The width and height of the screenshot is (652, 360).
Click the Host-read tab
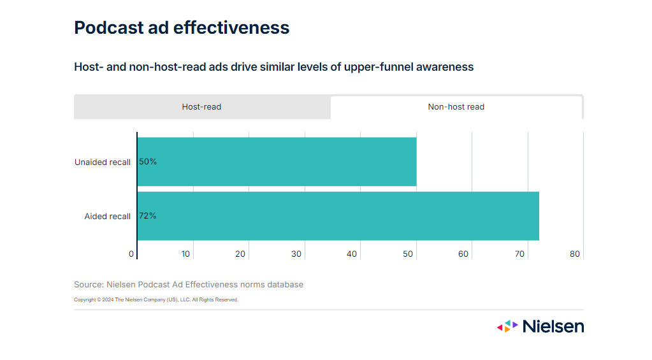pos(201,107)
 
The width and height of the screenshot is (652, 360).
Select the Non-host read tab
pos(456,107)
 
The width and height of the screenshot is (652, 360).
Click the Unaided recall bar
pos(277,162)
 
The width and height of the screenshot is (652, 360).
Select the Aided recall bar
pos(338,216)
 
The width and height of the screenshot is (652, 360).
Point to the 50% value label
pos(148,162)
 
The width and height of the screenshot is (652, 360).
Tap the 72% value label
pos(148,216)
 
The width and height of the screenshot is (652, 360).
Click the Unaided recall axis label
pos(103,162)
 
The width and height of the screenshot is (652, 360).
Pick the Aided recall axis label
pos(107,217)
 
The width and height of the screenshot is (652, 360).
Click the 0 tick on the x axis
pos(131,254)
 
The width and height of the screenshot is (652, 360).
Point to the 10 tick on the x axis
pos(185,254)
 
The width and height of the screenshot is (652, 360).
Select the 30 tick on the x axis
pos(296,254)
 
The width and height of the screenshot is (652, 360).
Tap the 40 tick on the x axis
pos(352,254)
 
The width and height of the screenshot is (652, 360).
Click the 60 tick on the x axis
pos(463,254)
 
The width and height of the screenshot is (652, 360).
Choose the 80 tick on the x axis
pos(575,254)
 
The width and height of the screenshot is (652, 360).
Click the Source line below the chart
pos(189,285)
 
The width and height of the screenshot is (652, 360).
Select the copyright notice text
pos(156,299)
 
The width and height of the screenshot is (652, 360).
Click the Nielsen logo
pos(540,326)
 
